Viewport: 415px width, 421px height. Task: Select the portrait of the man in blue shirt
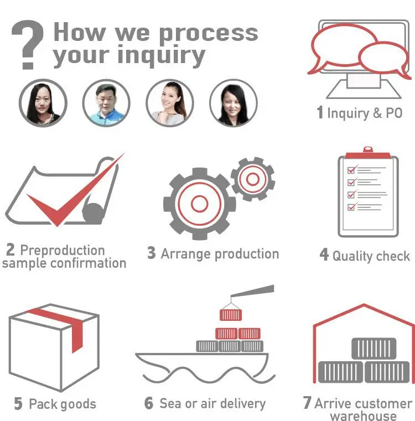pyautogui.click(x=106, y=103)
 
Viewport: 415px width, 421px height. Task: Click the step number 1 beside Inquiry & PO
pyautogui.click(x=320, y=113)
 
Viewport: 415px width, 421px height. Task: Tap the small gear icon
pyautogui.click(x=252, y=179)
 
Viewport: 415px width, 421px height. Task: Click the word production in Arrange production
pyautogui.click(x=246, y=254)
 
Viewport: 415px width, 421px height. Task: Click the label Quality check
pyautogui.click(x=371, y=256)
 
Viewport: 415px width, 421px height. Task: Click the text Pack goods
pyautogui.click(x=63, y=404)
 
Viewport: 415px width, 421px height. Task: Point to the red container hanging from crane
pyautogui.click(x=230, y=315)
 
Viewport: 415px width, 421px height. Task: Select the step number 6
pyautogui.click(x=149, y=403)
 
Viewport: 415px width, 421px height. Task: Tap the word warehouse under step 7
pyautogui.click(x=363, y=415)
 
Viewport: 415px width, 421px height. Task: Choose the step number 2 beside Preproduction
pyautogui.click(x=11, y=250)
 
